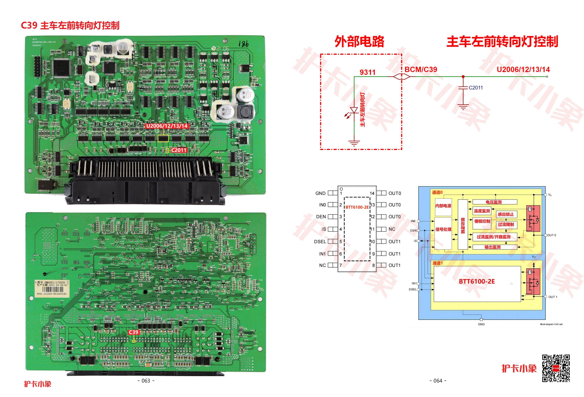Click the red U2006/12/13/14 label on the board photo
pyautogui.click(x=167, y=126)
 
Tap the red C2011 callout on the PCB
pyautogui.click(x=179, y=150)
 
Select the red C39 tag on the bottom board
pyautogui.click(x=134, y=332)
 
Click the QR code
pyautogui.click(x=556, y=368)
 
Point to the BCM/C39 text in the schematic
pyautogui.click(x=421, y=70)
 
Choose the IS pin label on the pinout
pyautogui.click(x=324, y=229)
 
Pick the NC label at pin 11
pyautogui.click(x=392, y=229)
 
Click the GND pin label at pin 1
pyautogui.click(x=320, y=193)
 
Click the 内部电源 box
pyautogui.click(x=443, y=206)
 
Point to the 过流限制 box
pyautogui.click(x=506, y=224)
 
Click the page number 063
pyautogui.click(x=146, y=381)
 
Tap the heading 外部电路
pyautogui.click(x=359, y=42)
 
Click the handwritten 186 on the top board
pyautogui.click(x=243, y=44)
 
